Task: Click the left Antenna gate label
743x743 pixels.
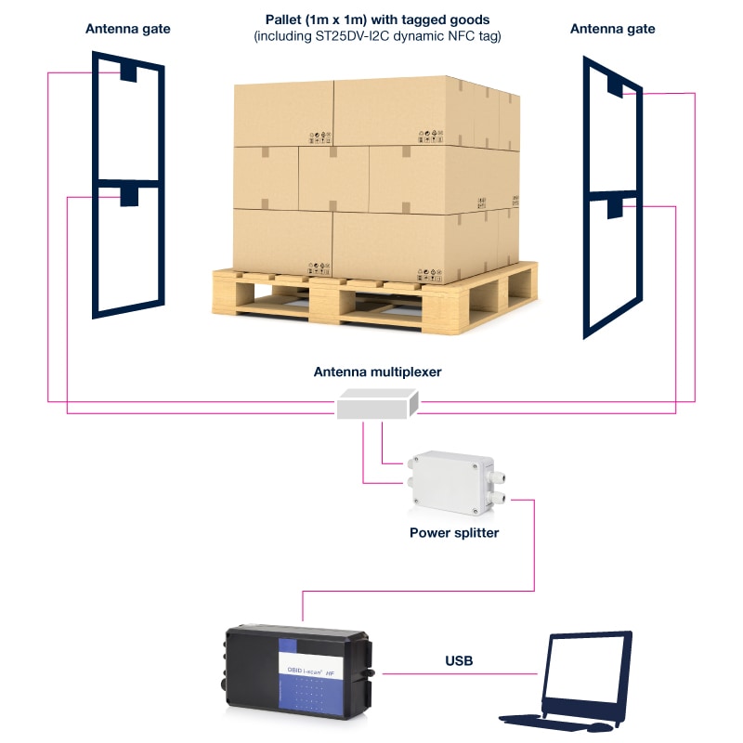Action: tap(127, 29)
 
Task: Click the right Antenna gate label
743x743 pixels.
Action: tap(612, 29)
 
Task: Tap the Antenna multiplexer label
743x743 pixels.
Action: tap(377, 371)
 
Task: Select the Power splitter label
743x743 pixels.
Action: tap(454, 533)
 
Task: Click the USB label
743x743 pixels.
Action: tap(459, 661)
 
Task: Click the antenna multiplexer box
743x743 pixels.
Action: tap(377, 404)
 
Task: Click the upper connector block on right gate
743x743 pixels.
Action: tap(617, 85)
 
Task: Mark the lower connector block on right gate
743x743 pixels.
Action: tap(614, 206)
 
